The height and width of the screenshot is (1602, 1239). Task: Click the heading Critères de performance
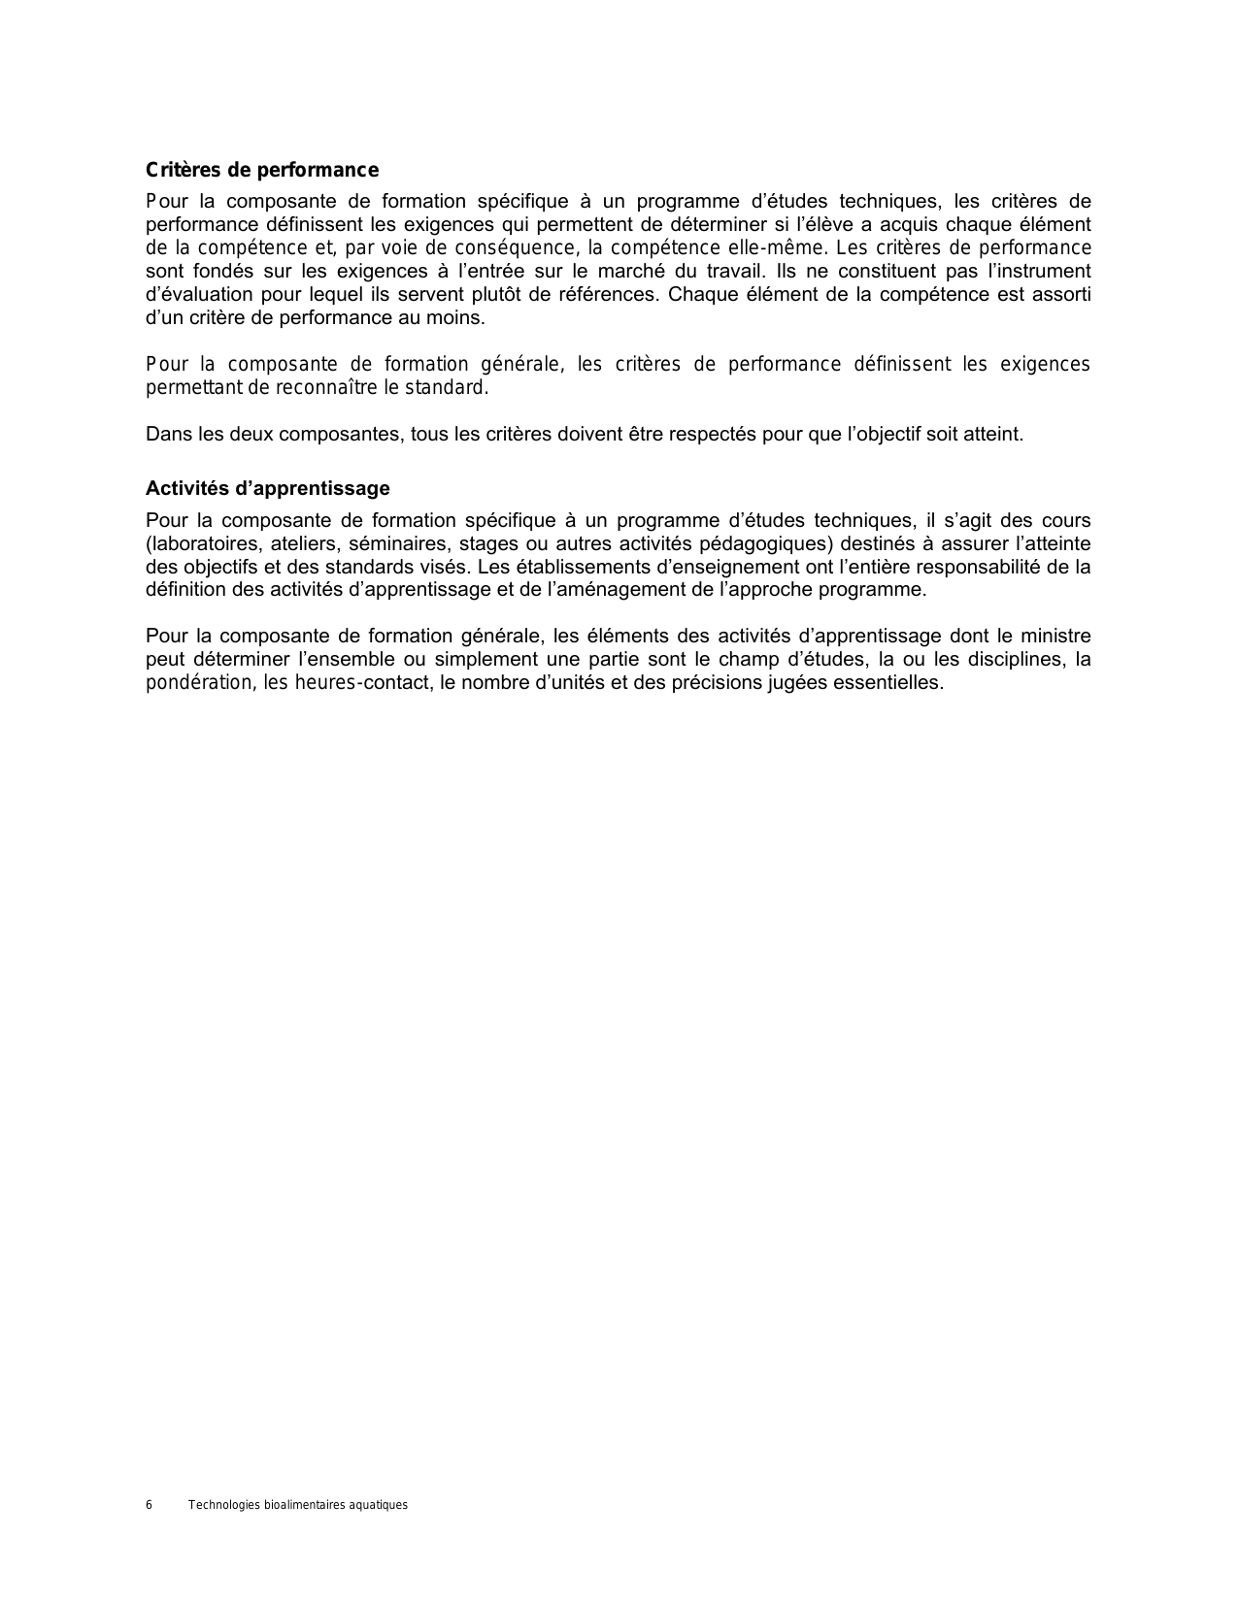[x=261, y=171]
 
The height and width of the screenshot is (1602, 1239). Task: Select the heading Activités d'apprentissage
[x=267, y=488]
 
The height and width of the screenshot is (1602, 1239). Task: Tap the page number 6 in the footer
[x=149, y=1505]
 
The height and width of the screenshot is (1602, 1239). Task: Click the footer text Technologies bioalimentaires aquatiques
[x=297, y=1505]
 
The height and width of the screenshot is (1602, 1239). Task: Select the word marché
[x=623, y=272]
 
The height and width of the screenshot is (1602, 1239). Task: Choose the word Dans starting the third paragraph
[x=168, y=435]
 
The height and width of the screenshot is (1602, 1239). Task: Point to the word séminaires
[x=397, y=543]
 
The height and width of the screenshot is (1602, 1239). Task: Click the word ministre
[x=1054, y=637]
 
